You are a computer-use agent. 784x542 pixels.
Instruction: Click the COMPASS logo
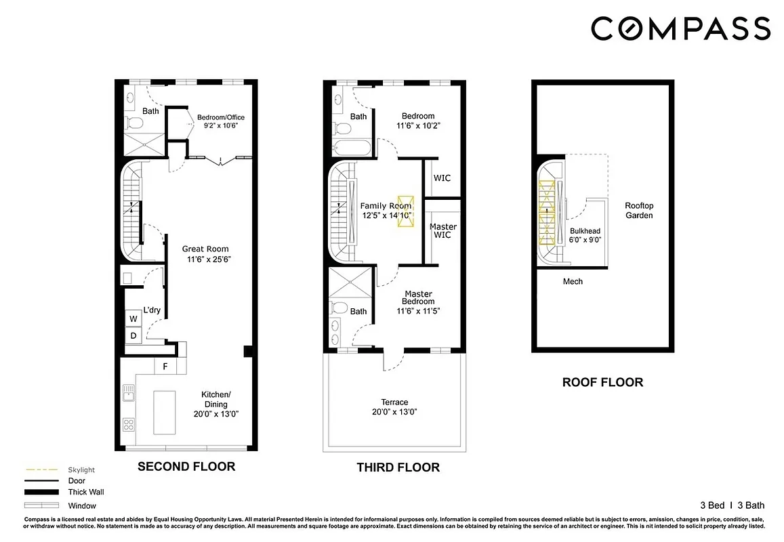click(680, 28)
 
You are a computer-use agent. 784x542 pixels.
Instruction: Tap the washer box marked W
click(133, 318)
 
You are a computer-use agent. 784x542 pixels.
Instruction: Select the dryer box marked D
click(133, 335)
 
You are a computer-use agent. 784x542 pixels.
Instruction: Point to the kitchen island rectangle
click(164, 412)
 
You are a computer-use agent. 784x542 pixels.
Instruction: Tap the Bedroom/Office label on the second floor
click(220, 117)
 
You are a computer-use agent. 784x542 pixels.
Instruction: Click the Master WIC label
click(442, 230)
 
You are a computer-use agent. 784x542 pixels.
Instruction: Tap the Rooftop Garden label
click(638, 210)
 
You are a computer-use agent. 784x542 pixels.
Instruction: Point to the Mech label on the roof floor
click(573, 281)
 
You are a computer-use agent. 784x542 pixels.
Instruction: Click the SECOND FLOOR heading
click(186, 466)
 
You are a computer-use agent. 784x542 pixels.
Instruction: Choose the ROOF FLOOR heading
click(602, 382)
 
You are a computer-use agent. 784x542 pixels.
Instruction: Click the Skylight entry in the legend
click(81, 470)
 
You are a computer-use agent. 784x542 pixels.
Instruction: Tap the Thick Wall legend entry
click(86, 493)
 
